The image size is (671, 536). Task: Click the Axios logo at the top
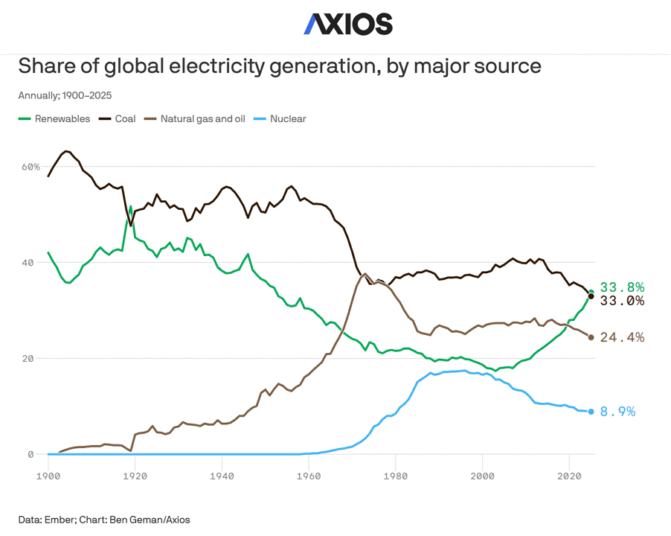(x=347, y=24)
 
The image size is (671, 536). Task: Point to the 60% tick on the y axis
(x=30, y=167)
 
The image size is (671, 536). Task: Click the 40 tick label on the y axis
(x=33, y=263)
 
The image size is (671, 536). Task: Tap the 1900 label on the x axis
(x=48, y=474)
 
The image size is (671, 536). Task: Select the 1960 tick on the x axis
(x=309, y=474)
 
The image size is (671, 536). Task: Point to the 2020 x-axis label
(x=570, y=474)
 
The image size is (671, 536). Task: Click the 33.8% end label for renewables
(x=622, y=287)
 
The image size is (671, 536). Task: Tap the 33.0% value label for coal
(x=622, y=301)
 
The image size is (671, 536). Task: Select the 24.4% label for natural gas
(x=622, y=337)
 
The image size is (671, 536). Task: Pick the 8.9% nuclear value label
(x=617, y=412)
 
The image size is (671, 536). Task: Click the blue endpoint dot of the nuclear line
(x=591, y=412)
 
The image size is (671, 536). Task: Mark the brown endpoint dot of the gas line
(x=591, y=337)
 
